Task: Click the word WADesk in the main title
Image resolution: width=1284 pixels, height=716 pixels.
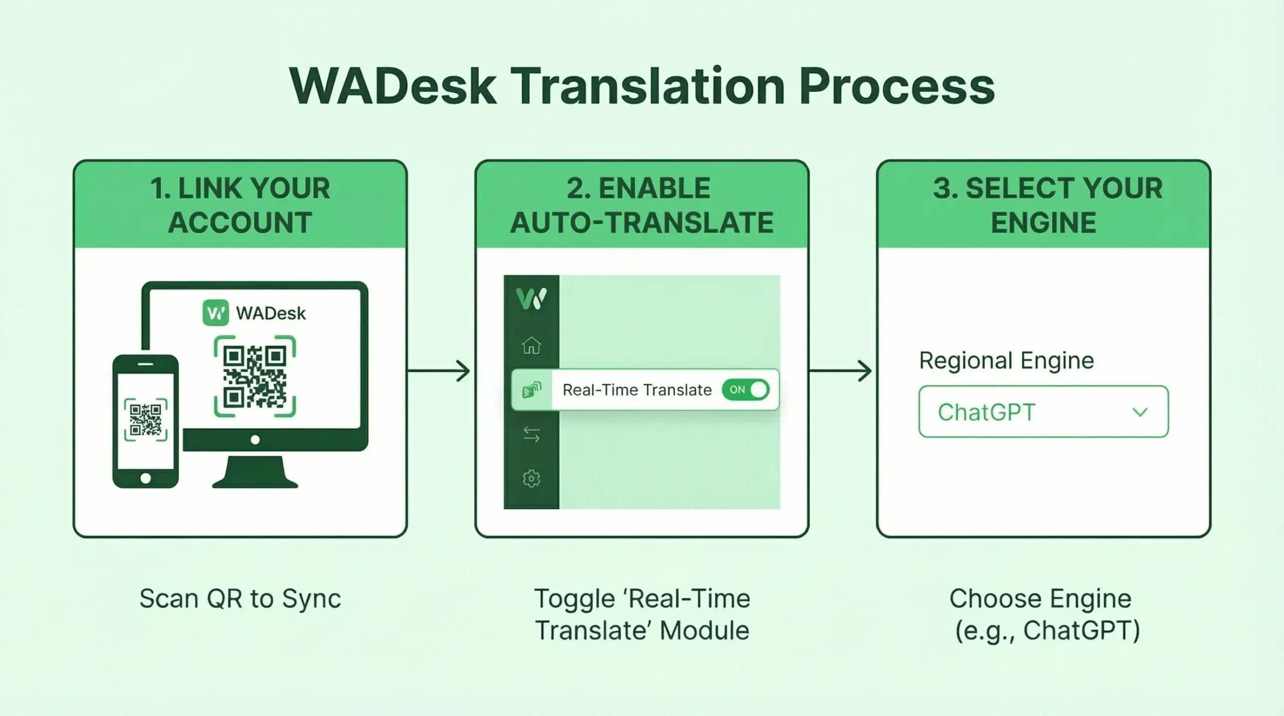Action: point(393,86)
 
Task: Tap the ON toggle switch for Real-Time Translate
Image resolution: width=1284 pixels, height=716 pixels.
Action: point(746,390)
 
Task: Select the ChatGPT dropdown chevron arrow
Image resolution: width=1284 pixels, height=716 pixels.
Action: point(1140,412)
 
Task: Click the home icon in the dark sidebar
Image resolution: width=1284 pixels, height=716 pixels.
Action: point(531,345)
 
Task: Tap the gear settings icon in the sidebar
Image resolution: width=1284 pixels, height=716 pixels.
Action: point(531,478)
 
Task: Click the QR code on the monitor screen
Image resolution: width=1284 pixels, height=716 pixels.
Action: point(255,376)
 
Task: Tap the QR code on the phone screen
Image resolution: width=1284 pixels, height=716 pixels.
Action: point(145,420)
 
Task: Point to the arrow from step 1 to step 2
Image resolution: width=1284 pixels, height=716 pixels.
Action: point(439,371)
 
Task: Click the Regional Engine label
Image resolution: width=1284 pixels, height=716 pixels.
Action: point(1006,361)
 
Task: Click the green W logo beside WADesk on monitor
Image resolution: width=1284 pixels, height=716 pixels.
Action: point(216,313)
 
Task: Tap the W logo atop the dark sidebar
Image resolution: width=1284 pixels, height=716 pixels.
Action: point(531,298)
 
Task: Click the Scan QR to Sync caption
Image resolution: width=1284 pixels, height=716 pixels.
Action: point(240,599)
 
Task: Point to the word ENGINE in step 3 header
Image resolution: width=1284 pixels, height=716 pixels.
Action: point(1043,223)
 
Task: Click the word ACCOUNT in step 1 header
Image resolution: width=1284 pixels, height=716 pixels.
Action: point(240,223)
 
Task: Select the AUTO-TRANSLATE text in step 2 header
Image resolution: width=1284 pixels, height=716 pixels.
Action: point(641,223)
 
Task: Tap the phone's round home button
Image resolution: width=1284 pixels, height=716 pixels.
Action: point(145,478)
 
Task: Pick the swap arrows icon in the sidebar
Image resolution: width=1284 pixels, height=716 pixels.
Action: point(531,434)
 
